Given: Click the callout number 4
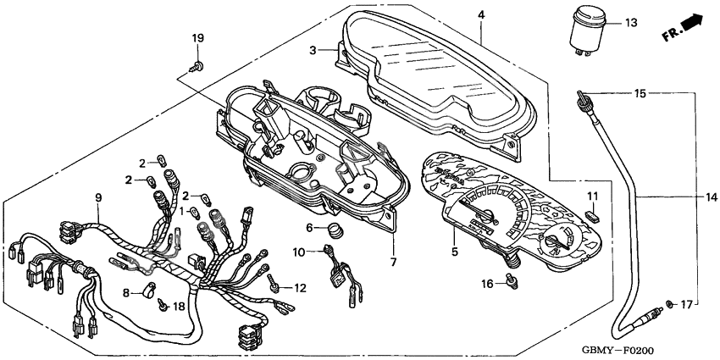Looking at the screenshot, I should tap(480, 15).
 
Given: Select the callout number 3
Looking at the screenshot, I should tap(313, 51).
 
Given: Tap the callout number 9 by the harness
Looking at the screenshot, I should tap(98, 198).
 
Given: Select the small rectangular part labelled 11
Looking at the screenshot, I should tap(594, 215).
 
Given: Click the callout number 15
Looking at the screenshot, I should tap(640, 91).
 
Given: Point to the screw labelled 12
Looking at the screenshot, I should tap(273, 287).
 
